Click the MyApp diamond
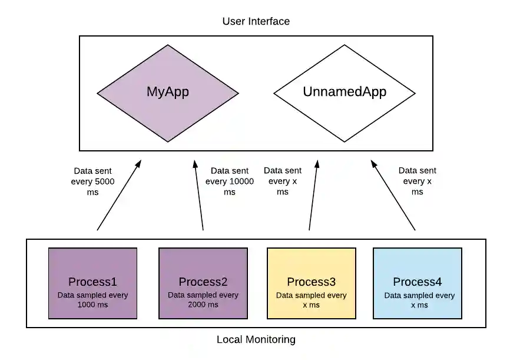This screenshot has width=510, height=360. pyautogui.click(x=168, y=93)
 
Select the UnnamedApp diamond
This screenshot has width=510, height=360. pyautogui.click(x=345, y=93)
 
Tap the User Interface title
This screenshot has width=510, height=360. pyautogui.click(x=256, y=21)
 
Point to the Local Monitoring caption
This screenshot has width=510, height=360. pyautogui.click(x=256, y=339)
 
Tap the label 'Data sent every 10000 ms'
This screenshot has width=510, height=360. pyautogui.click(x=229, y=181)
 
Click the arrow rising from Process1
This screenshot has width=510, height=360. pyautogui.click(x=120, y=194)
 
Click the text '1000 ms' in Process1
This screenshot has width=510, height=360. pyautogui.click(x=92, y=305)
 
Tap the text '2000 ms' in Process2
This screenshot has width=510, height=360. pyautogui.click(x=203, y=305)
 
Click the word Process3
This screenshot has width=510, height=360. pyautogui.click(x=312, y=282)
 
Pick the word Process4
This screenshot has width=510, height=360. pyautogui.click(x=418, y=282)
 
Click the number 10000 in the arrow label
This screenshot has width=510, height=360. pyautogui.click(x=241, y=181)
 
